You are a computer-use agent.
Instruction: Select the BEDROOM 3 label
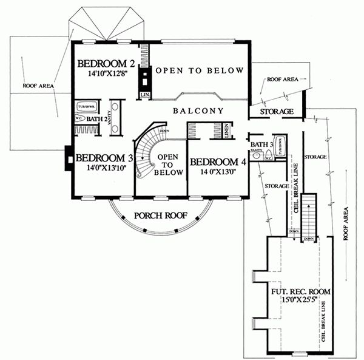[101, 158]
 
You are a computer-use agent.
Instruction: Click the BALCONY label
[198, 111]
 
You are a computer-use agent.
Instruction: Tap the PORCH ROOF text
[161, 215]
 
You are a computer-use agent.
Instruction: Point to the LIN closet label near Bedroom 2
[145, 95]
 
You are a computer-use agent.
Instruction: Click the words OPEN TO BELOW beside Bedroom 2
[200, 71]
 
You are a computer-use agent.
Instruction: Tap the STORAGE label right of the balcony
[277, 112]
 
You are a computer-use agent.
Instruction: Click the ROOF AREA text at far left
[38, 86]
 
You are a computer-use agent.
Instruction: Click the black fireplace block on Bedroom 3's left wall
[67, 158]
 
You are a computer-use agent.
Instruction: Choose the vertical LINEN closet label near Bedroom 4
[226, 131]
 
